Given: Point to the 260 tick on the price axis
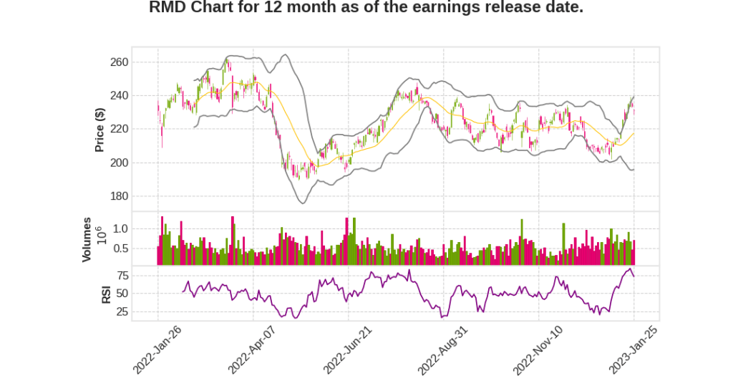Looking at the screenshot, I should [x=119, y=62].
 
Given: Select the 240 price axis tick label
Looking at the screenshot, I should [x=119, y=96].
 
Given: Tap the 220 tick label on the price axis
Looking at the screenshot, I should [x=119, y=129].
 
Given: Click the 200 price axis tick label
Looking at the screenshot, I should [x=119, y=163].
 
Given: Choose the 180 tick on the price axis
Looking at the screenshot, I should [x=119, y=196].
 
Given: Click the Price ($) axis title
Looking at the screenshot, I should [x=100, y=130].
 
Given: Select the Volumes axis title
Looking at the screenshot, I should [x=87, y=239].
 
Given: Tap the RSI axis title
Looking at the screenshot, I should [x=106, y=294].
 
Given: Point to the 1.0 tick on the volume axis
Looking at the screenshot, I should [x=120, y=228].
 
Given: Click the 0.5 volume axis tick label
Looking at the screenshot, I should [x=120, y=248].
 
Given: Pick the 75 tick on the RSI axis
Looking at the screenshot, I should [x=122, y=275].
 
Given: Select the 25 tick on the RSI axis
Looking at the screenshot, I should [x=122, y=312].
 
